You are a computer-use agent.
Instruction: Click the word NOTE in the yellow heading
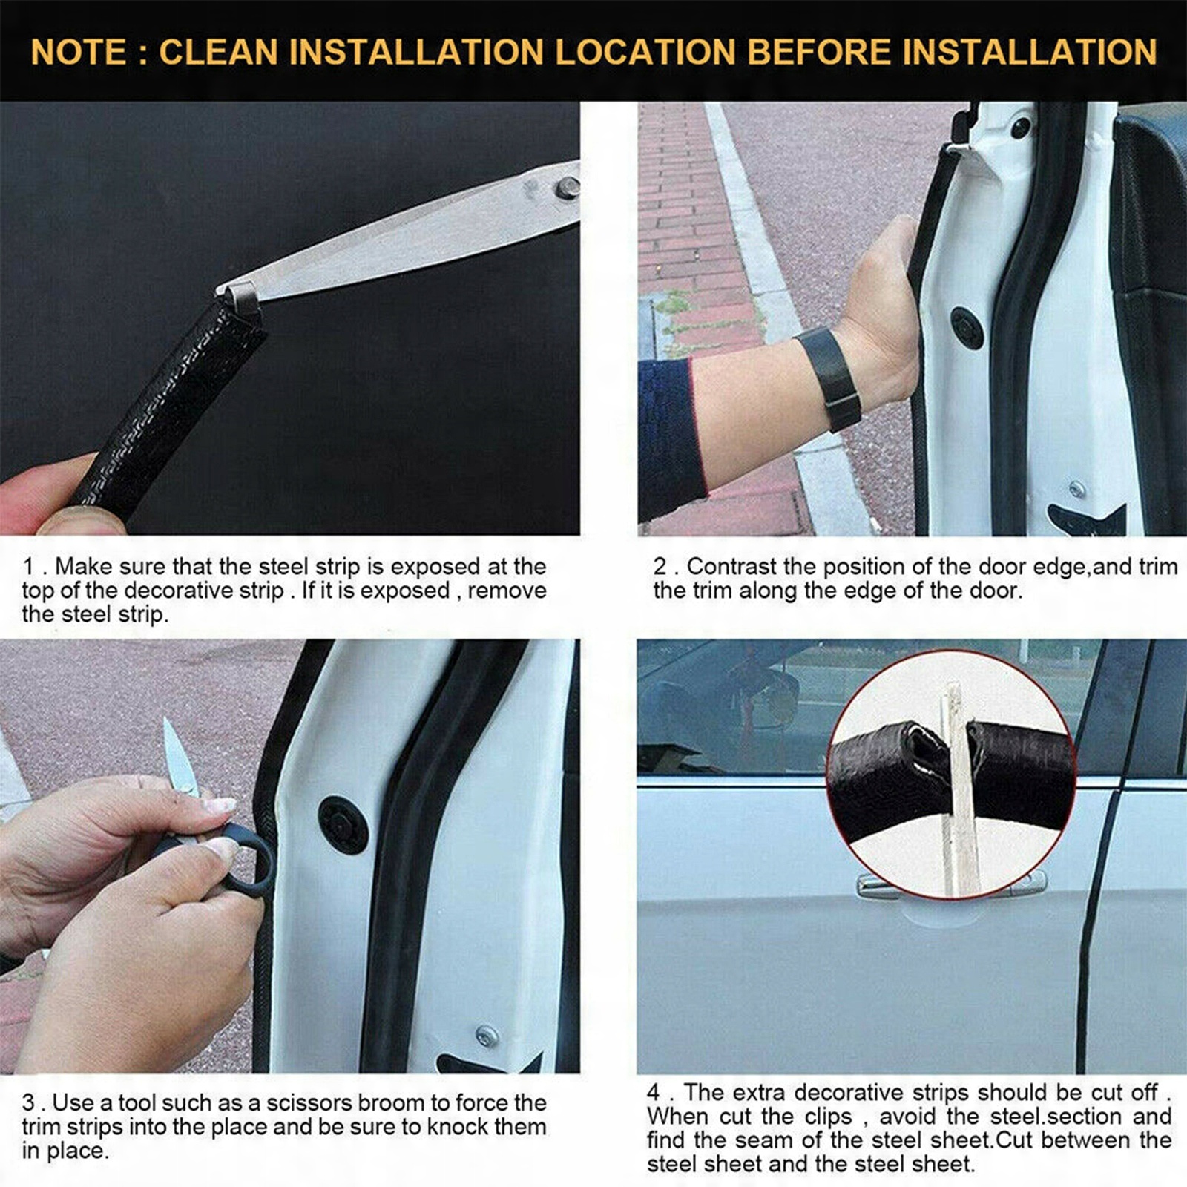(79, 52)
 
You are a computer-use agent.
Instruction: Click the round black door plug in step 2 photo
(967, 328)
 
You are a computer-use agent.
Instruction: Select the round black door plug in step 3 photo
(343, 825)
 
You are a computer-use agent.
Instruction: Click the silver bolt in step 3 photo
(486, 1036)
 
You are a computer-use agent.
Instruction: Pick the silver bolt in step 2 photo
(1077, 489)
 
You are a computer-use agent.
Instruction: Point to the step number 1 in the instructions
(28, 567)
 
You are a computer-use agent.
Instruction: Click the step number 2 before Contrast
(660, 567)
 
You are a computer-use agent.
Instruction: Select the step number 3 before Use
(28, 1103)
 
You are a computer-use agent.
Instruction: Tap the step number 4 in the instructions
(653, 1093)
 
